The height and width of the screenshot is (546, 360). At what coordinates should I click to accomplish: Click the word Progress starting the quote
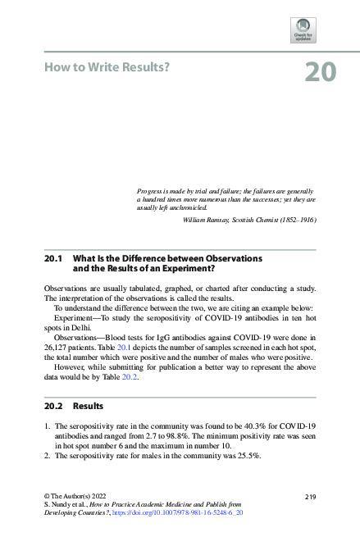(153, 189)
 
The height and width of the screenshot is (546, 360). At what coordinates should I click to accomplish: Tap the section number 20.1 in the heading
(53, 258)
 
